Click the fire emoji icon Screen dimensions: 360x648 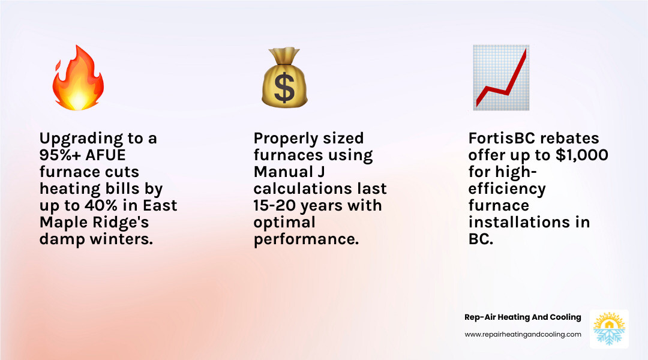(77, 78)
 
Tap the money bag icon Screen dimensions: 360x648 (284, 78)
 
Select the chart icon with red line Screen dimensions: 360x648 (500, 78)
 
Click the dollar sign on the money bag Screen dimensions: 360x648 (284, 86)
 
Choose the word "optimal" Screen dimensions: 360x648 (284, 223)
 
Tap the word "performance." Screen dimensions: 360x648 (305, 239)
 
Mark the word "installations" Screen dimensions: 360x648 (529, 223)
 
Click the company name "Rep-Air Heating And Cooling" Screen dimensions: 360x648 (523, 317)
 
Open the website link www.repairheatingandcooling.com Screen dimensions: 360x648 (523, 334)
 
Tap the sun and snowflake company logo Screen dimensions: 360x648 (609, 328)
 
